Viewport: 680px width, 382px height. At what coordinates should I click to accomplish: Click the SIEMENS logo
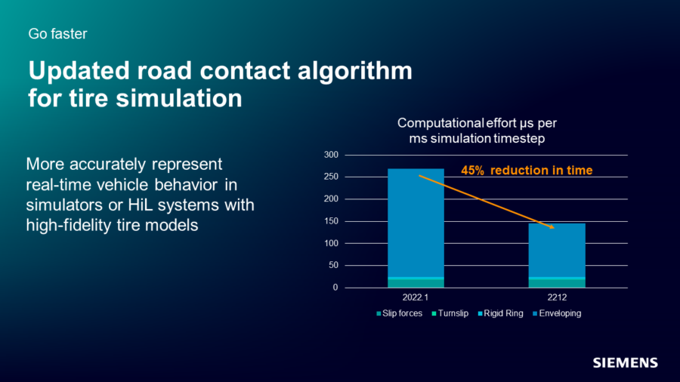624,362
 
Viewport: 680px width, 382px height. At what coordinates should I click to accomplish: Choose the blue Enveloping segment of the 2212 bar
557,249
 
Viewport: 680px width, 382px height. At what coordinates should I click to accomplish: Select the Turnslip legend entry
451,313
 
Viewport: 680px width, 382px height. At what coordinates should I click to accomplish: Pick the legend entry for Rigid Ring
502,313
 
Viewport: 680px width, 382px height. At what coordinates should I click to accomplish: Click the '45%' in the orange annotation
472,171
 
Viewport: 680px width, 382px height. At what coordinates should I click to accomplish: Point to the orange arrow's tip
554,228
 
